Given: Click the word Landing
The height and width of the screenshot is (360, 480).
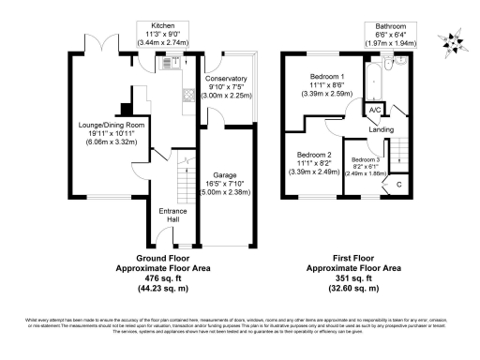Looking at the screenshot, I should coord(380,129).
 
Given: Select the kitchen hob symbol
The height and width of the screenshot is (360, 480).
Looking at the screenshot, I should coord(188,95).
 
